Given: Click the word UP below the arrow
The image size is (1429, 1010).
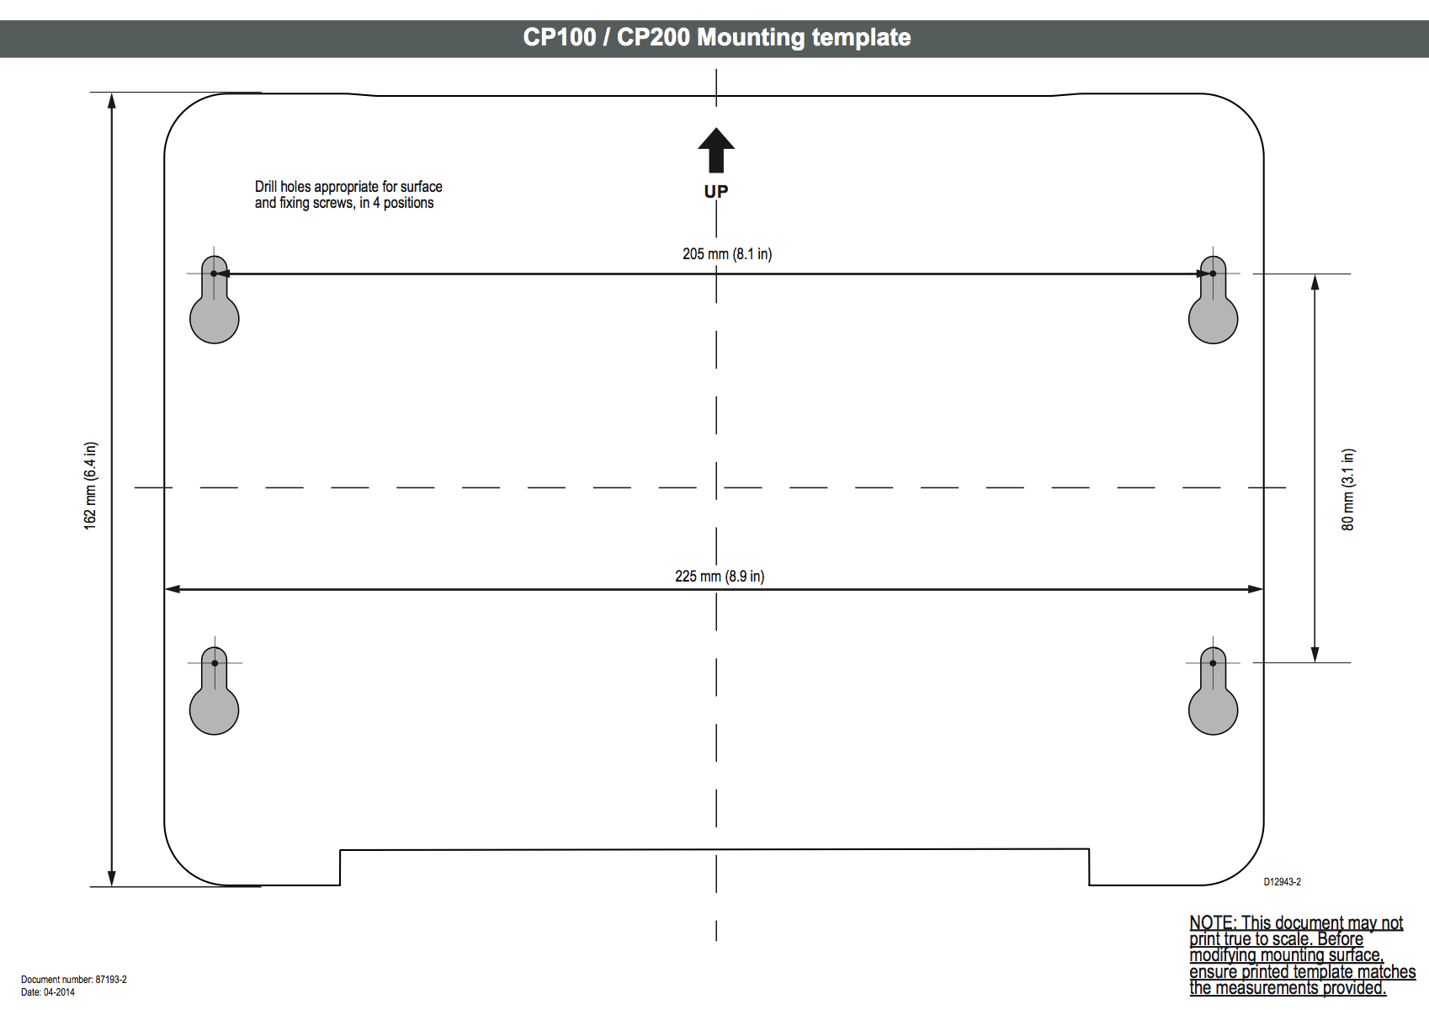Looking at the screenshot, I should [x=716, y=192].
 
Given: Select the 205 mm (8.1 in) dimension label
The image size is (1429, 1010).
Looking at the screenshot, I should [x=727, y=254].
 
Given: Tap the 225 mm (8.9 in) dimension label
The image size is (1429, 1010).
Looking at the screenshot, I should [x=720, y=577].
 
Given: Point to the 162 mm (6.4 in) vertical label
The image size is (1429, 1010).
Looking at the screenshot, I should [x=90, y=486].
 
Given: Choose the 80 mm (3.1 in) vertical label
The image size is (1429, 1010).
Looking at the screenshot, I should [x=1348, y=489].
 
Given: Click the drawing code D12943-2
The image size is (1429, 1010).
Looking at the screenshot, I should [x=1282, y=882].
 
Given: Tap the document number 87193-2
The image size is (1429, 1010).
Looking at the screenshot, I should [x=110, y=980].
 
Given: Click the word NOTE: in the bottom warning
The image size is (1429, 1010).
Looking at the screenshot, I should [x=1213, y=923].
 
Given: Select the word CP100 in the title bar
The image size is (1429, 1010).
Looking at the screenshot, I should [x=559, y=38].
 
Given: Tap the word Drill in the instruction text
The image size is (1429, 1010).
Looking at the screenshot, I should [x=266, y=187].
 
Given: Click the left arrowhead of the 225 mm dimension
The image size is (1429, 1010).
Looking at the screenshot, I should [x=172, y=589].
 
